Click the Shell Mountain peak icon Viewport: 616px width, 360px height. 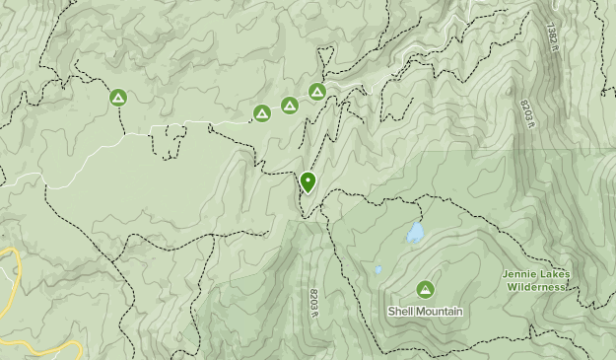pos(425,289)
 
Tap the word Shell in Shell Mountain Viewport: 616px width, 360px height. pos(400,311)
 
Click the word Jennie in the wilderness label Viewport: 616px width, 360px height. pos(520,274)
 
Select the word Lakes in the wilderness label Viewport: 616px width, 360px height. pos(555,274)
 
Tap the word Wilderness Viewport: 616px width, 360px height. pos(537,287)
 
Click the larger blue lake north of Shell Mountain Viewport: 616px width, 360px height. pos(415,234)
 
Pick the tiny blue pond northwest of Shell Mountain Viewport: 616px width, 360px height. pos(376,269)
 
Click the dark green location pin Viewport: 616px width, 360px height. pos(308,181)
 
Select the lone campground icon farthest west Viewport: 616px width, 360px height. pos(118,97)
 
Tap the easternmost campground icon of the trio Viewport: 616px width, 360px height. pos(317,92)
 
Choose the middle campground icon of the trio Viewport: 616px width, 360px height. pos(290,105)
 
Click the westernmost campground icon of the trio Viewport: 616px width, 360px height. pos(262,113)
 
